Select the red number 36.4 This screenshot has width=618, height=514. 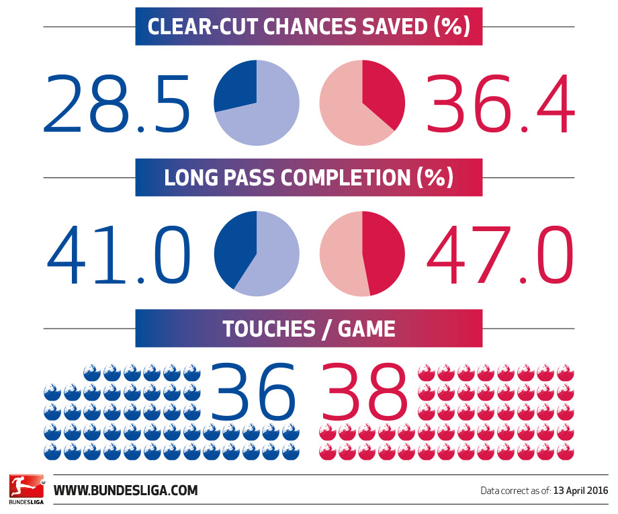click(500, 103)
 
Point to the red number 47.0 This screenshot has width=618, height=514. click(500, 255)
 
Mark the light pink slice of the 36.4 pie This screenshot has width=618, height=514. click(346, 108)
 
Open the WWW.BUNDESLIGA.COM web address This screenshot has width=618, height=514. click(126, 490)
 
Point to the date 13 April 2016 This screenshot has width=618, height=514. click(580, 490)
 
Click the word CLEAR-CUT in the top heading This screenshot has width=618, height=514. click(203, 26)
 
